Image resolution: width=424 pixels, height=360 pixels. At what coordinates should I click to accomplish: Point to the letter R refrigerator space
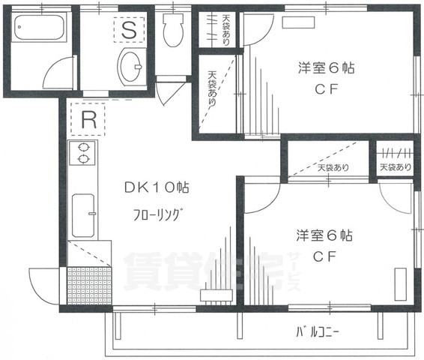[88, 118]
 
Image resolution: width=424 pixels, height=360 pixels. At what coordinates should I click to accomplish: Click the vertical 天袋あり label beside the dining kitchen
[213, 89]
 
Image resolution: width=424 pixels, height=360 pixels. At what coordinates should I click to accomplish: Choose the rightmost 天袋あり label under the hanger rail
[394, 166]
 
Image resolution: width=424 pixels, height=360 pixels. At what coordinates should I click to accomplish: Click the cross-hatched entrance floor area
[88, 285]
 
